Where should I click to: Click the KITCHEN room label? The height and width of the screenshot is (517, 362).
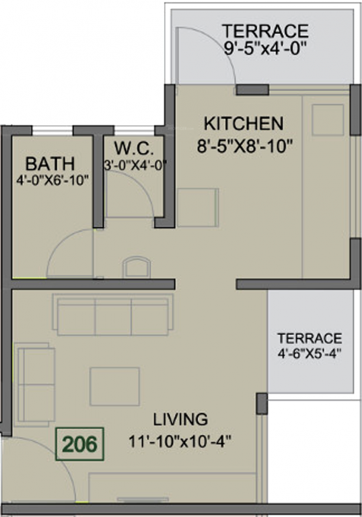(243, 124)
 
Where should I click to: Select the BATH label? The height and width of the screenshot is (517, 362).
(50, 163)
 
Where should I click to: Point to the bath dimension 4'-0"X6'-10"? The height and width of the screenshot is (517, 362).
(52, 180)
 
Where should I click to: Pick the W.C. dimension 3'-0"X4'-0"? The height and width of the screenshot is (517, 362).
(135, 164)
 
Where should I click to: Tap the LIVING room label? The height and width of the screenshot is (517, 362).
(180, 419)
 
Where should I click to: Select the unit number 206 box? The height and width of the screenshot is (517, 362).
(81, 444)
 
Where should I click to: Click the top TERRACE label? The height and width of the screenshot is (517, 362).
(265, 31)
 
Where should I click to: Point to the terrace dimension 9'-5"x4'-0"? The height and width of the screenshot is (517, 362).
(265, 48)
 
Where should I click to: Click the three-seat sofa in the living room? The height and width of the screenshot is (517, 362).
(112, 314)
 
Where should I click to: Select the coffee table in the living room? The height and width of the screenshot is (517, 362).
(114, 386)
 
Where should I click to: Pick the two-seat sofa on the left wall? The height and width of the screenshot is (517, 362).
(35, 384)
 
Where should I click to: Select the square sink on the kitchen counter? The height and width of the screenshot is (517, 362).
(327, 119)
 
